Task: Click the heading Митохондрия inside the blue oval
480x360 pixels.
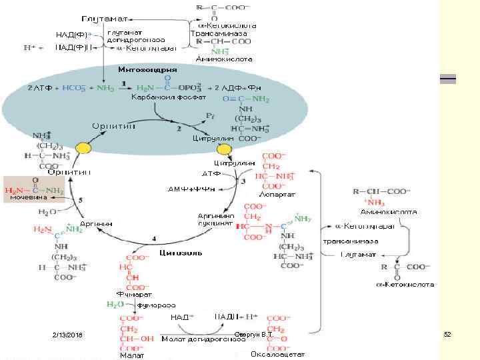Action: tap(147, 69)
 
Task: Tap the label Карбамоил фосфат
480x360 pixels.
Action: tap(160, 99)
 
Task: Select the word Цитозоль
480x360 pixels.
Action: tap(177, 253)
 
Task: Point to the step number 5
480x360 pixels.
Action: tap(80, 199)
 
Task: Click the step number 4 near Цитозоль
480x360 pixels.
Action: tap(154, 238)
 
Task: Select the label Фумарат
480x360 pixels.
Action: tap(133, 293)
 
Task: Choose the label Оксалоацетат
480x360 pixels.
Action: tap(278, 354)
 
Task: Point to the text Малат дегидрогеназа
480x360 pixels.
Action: tap(199, 339)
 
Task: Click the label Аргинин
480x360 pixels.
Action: tap(97, 223)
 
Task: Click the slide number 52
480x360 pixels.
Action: tap(448, 333)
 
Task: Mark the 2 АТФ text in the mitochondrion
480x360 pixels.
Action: tap(37, 88)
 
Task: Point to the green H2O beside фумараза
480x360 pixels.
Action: tap(115, 305)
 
